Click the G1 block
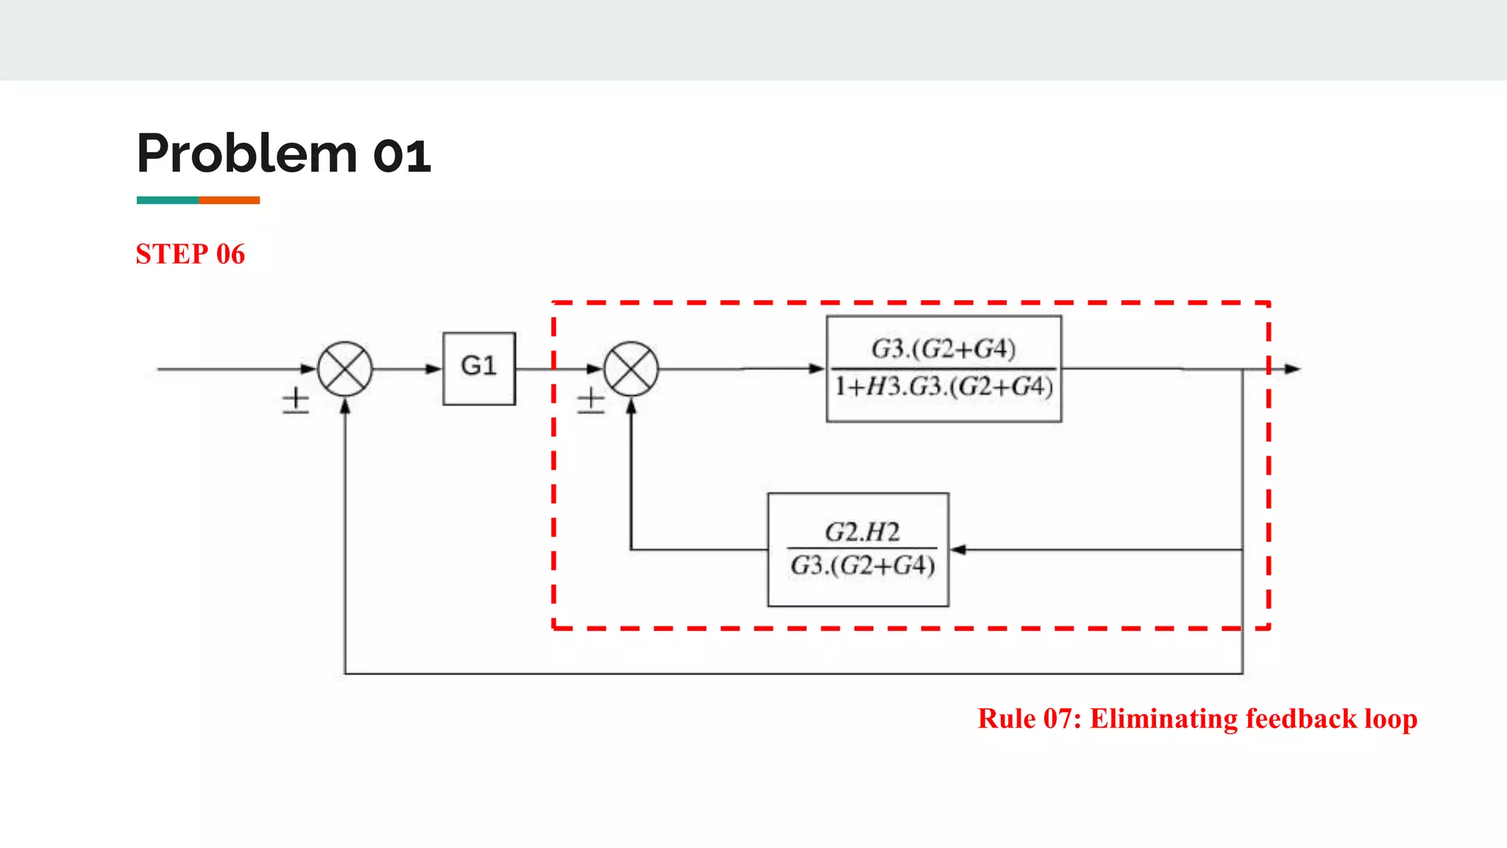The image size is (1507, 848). [x=479, y=368]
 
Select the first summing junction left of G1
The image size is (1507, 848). [x=344, y=369]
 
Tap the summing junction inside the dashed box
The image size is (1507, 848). [x=631, y=369]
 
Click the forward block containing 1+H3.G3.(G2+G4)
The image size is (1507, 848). [x=943, y=369]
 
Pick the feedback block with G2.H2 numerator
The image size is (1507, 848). [x=858, y=549]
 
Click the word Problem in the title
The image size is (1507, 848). [x=247, y=154]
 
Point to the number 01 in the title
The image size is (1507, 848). [x=402, y=156]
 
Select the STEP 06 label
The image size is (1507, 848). [x=191, y=254]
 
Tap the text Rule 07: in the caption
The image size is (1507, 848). [x=1029, y=718]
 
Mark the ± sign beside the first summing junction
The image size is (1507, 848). [x=296, y=401]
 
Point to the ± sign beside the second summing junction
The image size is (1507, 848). [x=590, y=402]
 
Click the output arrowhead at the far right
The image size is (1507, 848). [x=1293, y=369]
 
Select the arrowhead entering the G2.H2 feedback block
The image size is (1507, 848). [x=958, y=549]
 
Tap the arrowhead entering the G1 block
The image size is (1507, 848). [x=434, y=369]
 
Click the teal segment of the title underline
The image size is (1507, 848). [x=167, y=200]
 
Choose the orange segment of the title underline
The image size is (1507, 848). [x=229, y=200]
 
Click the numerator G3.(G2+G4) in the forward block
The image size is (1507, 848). [x=943, y=348]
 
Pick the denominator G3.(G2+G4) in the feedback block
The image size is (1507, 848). [x=862, y=566]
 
